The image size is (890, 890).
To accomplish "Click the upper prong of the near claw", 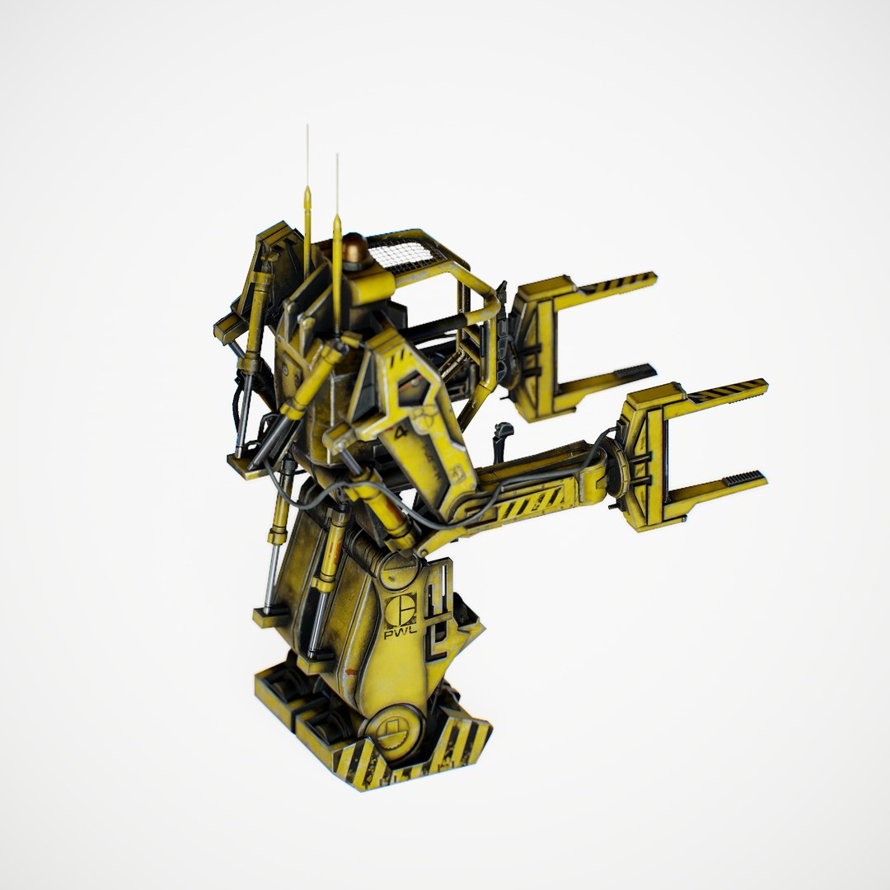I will pyautogui.click(x=725, y=391).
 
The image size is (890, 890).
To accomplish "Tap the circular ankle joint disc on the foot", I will pyautogui.click(x=389, y=729).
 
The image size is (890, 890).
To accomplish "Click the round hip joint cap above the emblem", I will pyautogui.click(x=399, y=569).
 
